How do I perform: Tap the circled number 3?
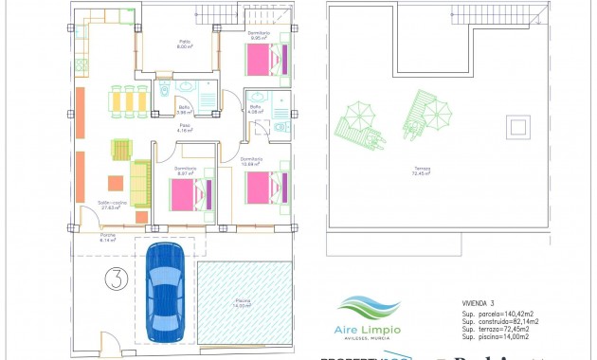click(x=115, y=279)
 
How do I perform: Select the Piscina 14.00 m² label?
click(x=244, y=303)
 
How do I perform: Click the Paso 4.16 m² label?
click(x=186, y=128)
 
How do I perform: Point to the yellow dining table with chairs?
click(x=129, y=99)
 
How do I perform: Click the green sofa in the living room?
click(x=139, y=183)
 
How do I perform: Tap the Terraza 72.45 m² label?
click(x=421, y=171)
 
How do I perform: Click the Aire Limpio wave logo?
click(x=368, y=309)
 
